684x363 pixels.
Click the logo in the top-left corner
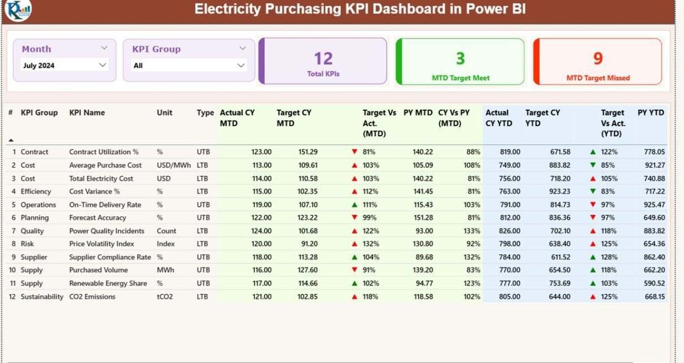(18, 10)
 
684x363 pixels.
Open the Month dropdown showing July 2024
(64, 66)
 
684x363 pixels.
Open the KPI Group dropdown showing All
(189, 66)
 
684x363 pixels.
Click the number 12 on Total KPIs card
(323, 59)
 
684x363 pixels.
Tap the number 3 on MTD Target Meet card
(460, 58)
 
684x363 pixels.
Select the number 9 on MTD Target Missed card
(598, 58)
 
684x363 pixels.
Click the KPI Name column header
(87, 113)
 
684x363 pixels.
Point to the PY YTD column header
(651, 113)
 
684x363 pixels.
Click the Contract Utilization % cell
(104, 152)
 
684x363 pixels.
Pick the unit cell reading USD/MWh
(174, 165)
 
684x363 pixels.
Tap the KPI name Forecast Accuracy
(98, 218)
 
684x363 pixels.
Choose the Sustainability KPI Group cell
(42, 297)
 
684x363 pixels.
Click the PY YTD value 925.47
(654, 205)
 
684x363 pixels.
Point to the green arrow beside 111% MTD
(354, 205)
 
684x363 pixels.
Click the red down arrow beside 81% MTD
(354, 152)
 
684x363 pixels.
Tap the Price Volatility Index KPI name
(102, 244)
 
